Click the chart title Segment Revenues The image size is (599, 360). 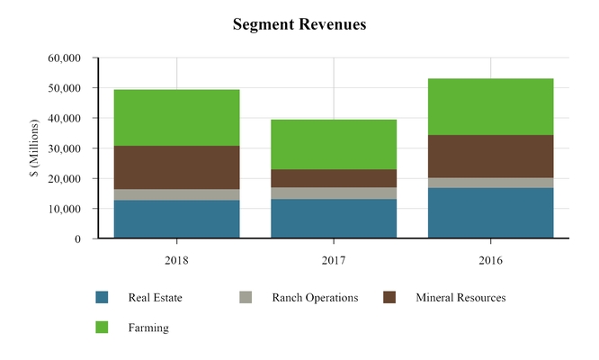pyautogui.click(x=299, y=24)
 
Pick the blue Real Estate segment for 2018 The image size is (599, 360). pyautogui.click(x=176, y=219)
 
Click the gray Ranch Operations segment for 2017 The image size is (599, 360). pyautogui.click(x=334, y=193)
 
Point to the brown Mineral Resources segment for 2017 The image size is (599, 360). pyautogui.click(x=334, y=178)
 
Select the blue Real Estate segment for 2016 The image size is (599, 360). pyautogui.click(x=490, y=212)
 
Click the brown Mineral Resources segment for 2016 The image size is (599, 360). pyautogui.click(x=490, y=156)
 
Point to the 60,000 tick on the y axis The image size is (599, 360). pyautogui.click(x=64, y=58)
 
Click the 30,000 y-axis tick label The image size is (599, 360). pyautogui.click(x=64, y=148)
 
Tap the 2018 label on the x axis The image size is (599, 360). pyautogui.click(x=176, y=260)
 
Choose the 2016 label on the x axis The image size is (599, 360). pyautogui.click(x=490, y=260)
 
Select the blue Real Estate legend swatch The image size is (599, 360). pyautogui.click(x=102, y=297)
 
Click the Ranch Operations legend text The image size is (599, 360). pyautogui.click(x=315, y=297)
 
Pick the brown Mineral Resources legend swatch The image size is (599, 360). pyautogui.click(x=389, y=297)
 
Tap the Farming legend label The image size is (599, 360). pyautogui.click(x=148, y=328)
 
